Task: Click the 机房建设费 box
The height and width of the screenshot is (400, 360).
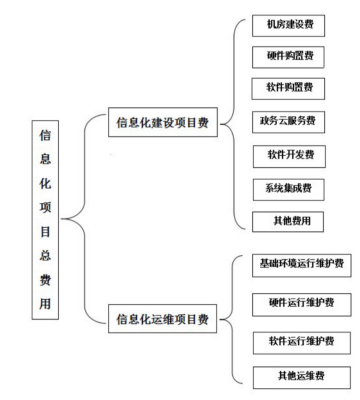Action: [288, 23]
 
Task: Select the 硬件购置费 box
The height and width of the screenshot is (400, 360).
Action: [288, 55]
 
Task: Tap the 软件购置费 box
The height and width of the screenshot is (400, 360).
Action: [288, 87]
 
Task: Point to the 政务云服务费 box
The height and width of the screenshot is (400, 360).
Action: [288, 121]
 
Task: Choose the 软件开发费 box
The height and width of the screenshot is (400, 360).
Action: [288, 155]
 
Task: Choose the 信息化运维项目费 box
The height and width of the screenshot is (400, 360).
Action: [164, 320]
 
